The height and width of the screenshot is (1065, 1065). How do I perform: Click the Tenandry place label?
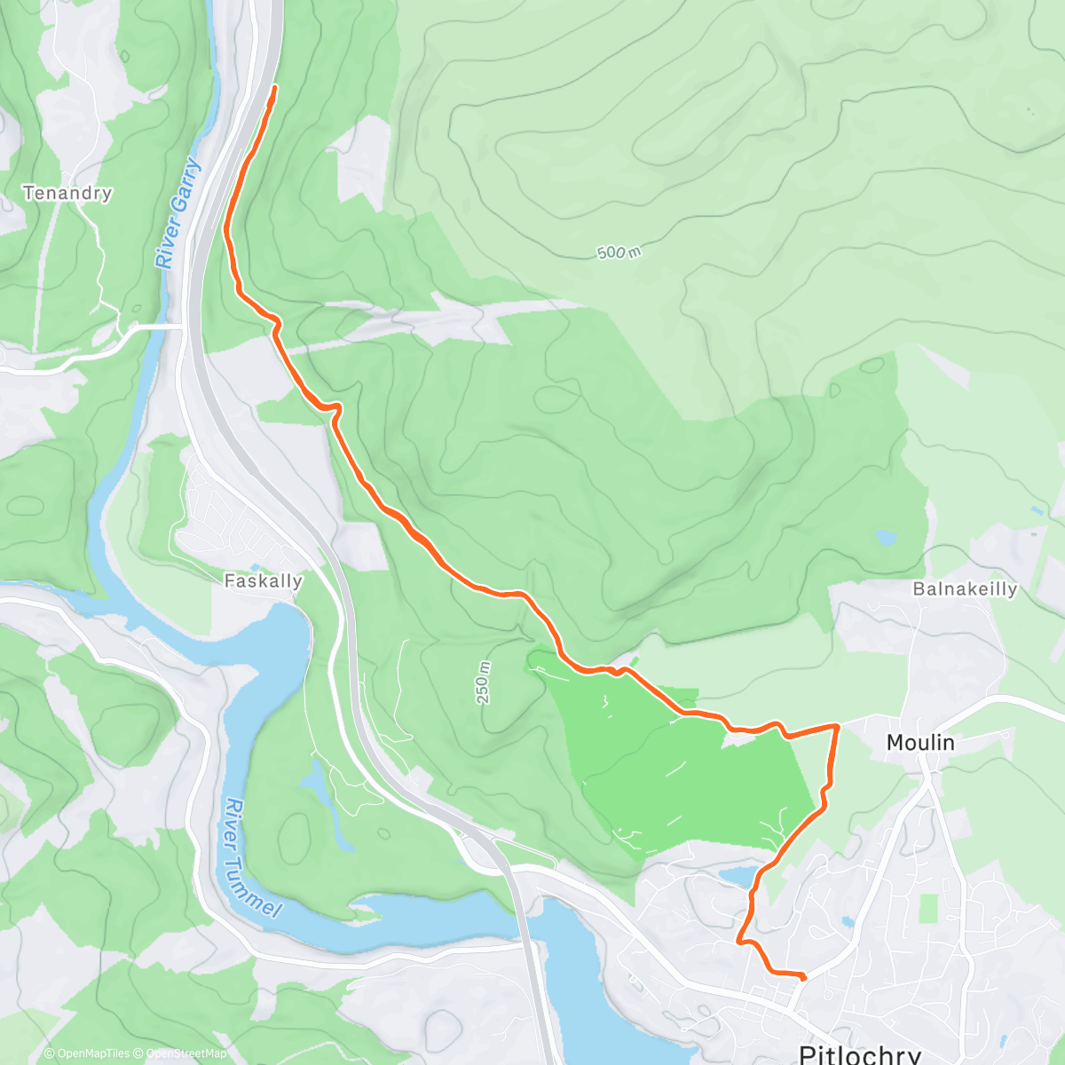click(67, 193)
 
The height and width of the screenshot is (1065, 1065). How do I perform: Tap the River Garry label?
click(178, 214)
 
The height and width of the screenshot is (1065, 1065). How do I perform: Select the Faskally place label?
click(263, 581)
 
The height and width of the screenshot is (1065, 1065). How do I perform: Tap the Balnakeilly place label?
click(965, 589)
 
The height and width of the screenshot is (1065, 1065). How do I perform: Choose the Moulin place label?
click(920, 742)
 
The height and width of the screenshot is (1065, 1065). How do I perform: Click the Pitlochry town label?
click(859, 1053)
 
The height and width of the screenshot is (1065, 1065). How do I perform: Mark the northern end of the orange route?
click(274, 87)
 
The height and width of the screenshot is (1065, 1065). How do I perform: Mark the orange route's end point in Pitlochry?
click(803, 977)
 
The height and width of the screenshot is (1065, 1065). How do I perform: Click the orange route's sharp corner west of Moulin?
click(836, 727)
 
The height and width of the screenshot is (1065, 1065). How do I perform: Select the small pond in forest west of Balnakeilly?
click(885, 537)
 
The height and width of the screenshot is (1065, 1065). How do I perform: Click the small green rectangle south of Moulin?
click(927, 907)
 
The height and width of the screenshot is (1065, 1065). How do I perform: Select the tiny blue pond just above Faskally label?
click(256, 566)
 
